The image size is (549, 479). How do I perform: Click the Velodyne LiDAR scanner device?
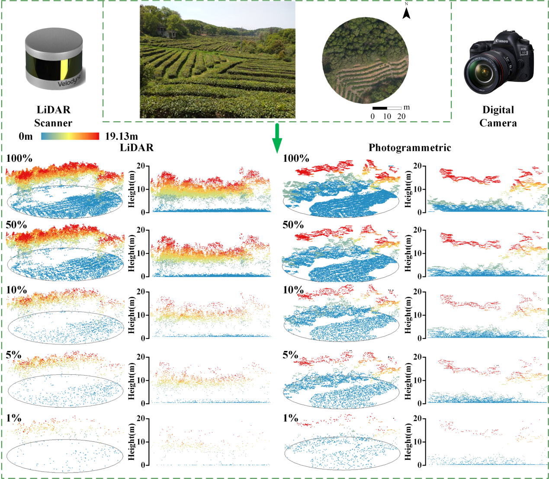tap(54, 61)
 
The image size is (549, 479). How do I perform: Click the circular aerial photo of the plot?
tap(366, 61)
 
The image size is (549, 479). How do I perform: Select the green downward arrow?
tap(277, 138)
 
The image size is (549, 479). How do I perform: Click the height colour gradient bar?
tap(70, 136)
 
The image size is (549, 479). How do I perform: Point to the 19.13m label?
tap(122, 137)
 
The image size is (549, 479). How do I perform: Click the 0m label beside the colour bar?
tap(26, 137)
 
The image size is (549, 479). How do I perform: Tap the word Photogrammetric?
tap(410, 148)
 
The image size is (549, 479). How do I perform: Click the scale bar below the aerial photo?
tap(387, 108)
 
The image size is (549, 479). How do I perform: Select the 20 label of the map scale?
tap(401, 116)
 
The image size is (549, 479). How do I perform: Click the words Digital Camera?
tap(498, 116)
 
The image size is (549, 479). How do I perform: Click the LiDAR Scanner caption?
tap(53, 116)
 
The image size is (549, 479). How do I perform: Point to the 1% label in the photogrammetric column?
tap(290, 418)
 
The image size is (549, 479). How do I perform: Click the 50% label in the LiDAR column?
tap(16, 225)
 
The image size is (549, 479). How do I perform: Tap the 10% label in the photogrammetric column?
tap(293, 290)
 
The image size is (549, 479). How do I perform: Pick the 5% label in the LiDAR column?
tap(14, 355)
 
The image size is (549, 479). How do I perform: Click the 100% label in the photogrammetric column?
tap(296, 158)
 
